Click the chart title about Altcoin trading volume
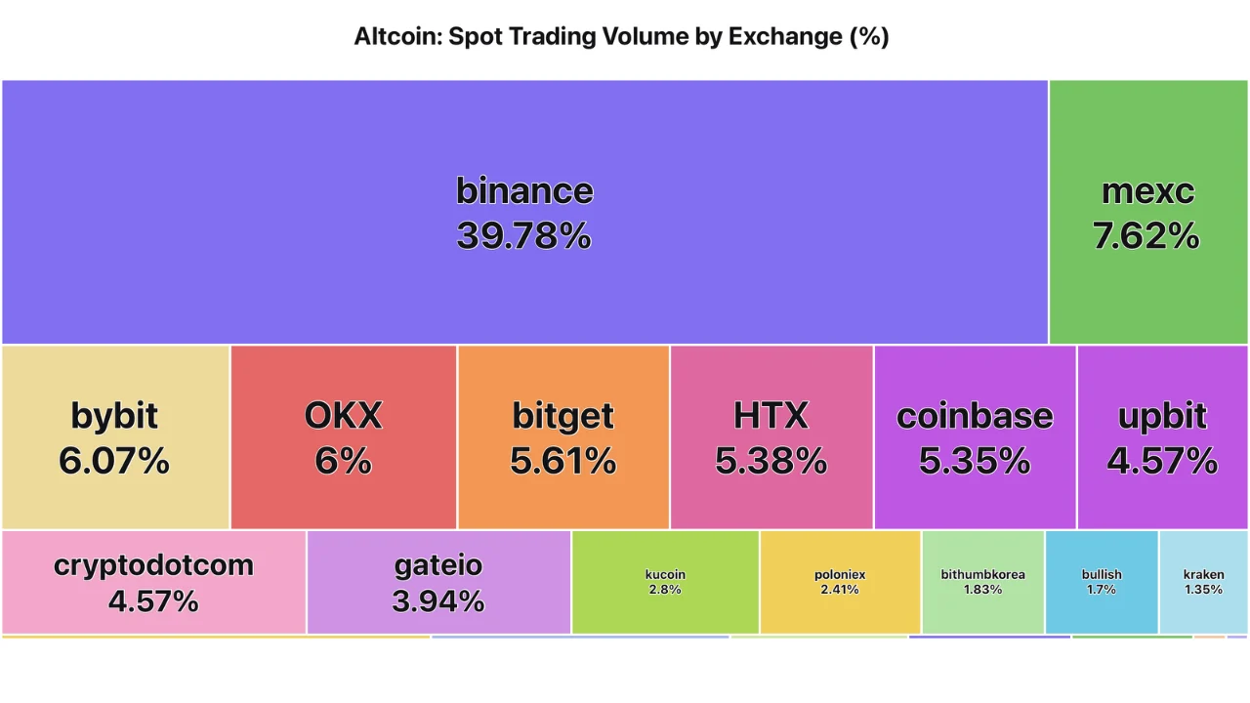pyautogui.click(x=621, y=37)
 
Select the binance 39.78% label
pyautogui.click(x=524, y=213)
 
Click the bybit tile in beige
pyautogui.click(x=115, y=436)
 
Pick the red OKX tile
pyautogui.click(x=343, y=436)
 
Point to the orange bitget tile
pyautogui.click(x=563, y=436)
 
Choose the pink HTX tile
pyautogui.click(x=771, y=436)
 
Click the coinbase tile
pyautogui.click(x=975, y=436)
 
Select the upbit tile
pyautogui.click(x=1162, y=436)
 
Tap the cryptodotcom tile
pyautogui.click(x=153, y=582)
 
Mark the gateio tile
pyautogui.click(x=438, y=582)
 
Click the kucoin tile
pyautogui.click(x=665, y=582)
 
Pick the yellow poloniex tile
pyautogui.click(x=840, y=582)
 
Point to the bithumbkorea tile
pyautogui.click(x=982, y=582)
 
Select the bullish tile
pyautogui.click(x=1102, y=582)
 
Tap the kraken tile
pyautogui.click(x=1203, y=582)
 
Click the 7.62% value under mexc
pyautogui.click(x=1146, y=236)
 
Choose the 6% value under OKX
pyautogui.click(x=343, y=460)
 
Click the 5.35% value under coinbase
pyautogui.click(x=975, y=460)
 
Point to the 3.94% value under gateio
pyautogui.click(x=438, y=601)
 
